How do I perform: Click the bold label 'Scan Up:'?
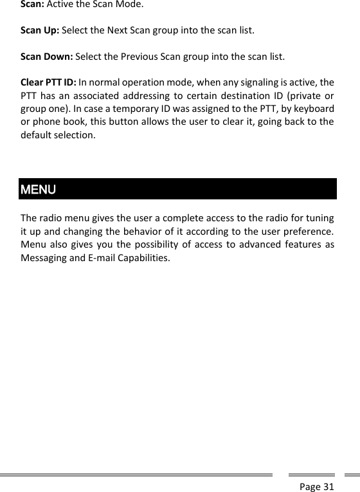[40, 30]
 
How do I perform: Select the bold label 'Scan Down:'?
[47, 56]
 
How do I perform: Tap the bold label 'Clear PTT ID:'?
[48, 82]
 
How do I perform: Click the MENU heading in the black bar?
[39, 190]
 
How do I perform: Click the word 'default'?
[36, 136]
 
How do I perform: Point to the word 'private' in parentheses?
[304, 96]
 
